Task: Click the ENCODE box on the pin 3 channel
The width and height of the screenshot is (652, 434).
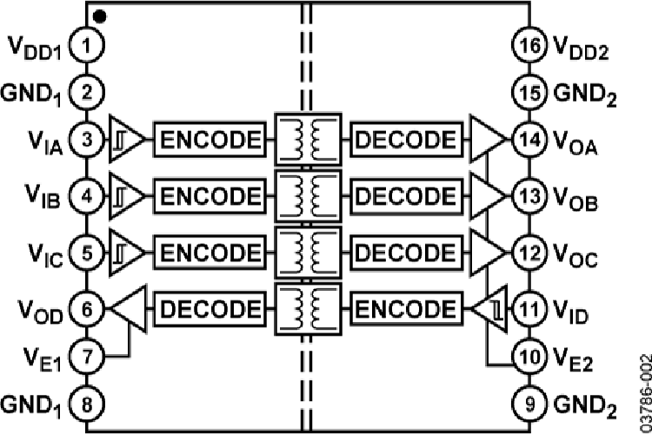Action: pyautogui.click(x=209, y=138)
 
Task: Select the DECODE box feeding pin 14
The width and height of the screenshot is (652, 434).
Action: pyautogui.click(x=405, y=138)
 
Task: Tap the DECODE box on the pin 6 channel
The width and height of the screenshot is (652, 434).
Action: pyautogui.click(x=209, y=308)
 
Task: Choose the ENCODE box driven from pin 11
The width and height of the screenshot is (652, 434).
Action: pyautogui.click(x=405, y=308)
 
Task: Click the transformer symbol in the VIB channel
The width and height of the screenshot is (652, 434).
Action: pyautogui.click(x=306, y=194)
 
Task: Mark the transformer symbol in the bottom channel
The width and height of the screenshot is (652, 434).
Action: pyautogui.click(x=306, y=308)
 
